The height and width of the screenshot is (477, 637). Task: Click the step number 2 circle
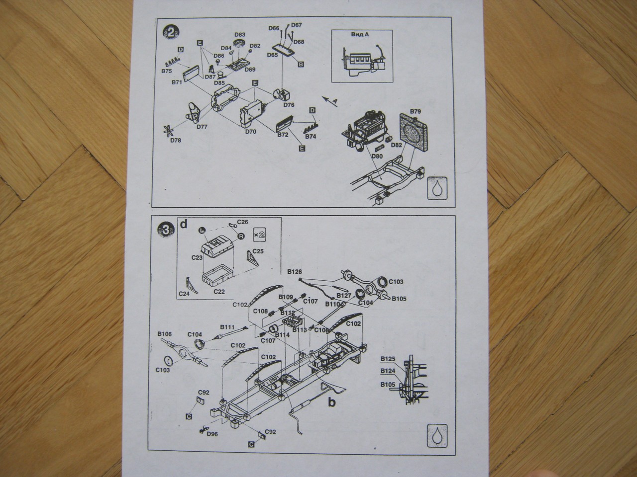point(172,33)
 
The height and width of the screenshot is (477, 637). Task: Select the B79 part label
point(415,110)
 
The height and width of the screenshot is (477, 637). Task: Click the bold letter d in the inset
point(184,225)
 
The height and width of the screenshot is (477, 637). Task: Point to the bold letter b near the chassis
point(330,402)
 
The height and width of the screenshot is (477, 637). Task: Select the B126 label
point(295,271)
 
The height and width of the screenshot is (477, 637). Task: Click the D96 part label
point(212,434)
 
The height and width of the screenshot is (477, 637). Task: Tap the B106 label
point(164,334)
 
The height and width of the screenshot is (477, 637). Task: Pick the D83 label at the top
point(240,35)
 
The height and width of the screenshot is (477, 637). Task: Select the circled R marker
point(241,237)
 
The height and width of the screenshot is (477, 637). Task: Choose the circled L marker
point(202,230)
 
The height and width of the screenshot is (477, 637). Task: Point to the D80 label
point(377,158)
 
